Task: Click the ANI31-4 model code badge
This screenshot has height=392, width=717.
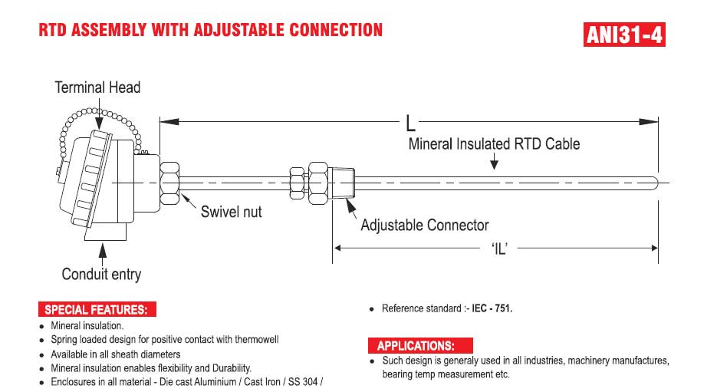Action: coord(624,35)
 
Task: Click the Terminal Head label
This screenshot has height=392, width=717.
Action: coord(97,87)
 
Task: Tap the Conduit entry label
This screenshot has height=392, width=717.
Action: coord(101,274)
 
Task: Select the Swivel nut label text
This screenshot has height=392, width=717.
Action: coord(232,212)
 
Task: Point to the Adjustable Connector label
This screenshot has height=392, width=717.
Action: coord(425,225)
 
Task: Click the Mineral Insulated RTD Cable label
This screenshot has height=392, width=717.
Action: coord(495,143)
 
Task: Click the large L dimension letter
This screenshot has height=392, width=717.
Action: coord(410,123)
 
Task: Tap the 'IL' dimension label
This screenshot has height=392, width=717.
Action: coord(500,249)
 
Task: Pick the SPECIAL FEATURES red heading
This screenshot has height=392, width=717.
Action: coord(97,310)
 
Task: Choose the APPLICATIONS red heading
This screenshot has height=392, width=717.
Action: coord(420,345)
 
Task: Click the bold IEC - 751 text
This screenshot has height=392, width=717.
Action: coord(492,308)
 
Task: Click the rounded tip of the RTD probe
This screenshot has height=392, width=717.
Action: coord(655,183)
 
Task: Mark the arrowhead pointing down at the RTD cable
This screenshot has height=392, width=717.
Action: coord(494,164)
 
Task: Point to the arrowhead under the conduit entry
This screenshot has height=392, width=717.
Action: coord(103,249)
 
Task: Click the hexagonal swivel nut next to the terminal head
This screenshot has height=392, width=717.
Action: coord(169,183)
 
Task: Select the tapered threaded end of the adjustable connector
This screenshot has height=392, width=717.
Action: coord(343,183)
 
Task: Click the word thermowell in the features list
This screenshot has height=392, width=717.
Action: coord(257,339)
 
